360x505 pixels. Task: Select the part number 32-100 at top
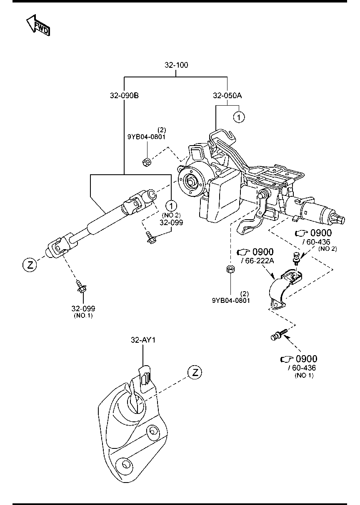176,65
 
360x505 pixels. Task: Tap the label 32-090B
124,95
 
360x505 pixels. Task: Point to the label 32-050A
227,95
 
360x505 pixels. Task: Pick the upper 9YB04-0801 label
146,136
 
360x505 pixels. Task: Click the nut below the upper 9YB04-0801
146,162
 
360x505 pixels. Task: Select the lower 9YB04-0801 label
230,300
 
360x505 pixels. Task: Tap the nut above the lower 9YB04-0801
230,270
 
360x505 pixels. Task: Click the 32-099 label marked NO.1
83,309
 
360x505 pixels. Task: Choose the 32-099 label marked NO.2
171,223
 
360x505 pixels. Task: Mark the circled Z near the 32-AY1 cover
195,372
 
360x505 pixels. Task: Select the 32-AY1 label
143,340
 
